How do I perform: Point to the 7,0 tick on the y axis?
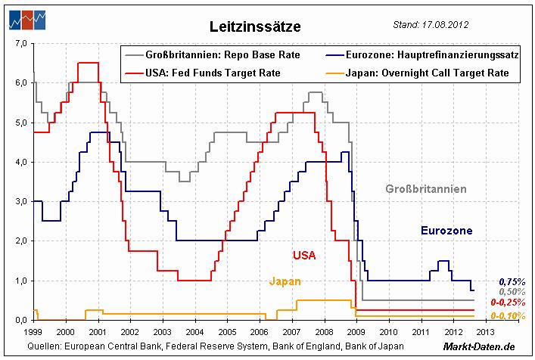tap(20, 44)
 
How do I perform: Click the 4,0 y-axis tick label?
tap(20, 162)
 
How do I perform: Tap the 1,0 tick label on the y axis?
tap(20, 281)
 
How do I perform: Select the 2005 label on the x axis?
tap(226, 332)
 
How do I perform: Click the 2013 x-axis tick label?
tap(484, 332)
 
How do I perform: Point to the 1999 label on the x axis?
tap(33, 332)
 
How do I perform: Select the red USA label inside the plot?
tap(304, 255)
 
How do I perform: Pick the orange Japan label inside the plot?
tap(285, 281)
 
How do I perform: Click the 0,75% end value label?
tap(512, 281)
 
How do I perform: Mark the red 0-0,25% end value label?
tap(509, 303)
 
